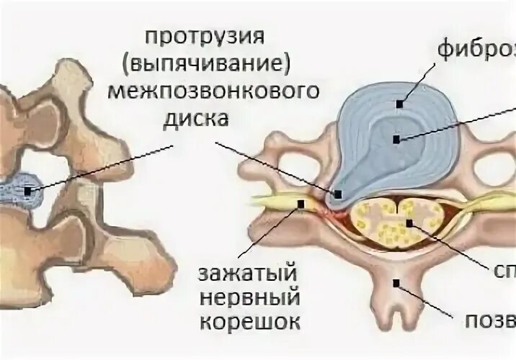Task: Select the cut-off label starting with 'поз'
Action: (497, 319)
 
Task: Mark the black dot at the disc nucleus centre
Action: (396, 139)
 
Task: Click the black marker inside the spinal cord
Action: (409, 223)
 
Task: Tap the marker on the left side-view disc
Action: (28, 191)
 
